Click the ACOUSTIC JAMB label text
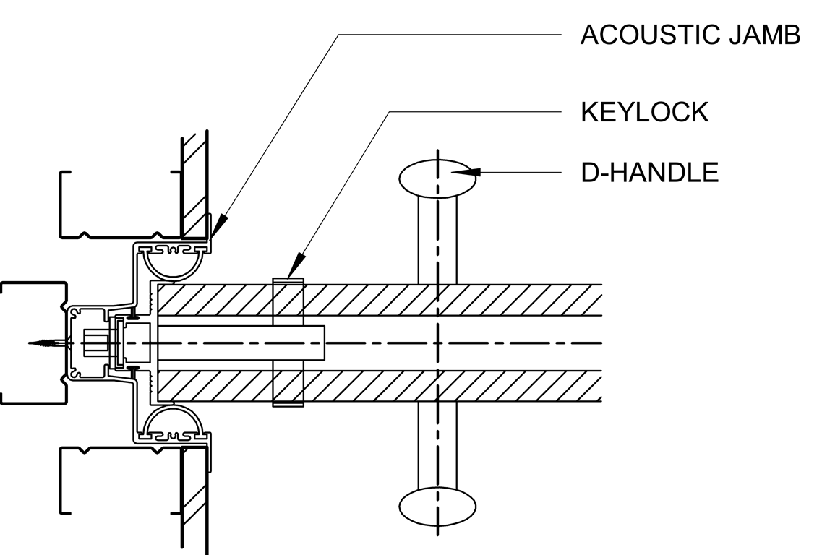690,35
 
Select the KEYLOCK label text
644,112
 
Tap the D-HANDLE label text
650,173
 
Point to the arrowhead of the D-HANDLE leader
470,172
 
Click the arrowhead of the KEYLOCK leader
296,270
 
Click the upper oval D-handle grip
438,177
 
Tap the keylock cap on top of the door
288,280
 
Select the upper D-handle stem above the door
438,238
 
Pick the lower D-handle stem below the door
438,444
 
